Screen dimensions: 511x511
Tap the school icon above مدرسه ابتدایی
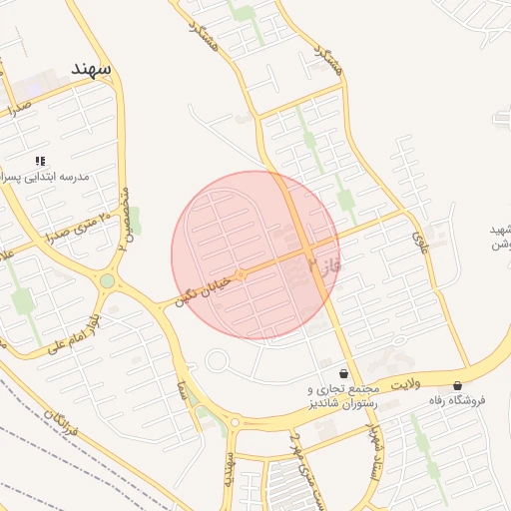[x=40, y=161]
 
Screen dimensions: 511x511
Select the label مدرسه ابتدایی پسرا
[x=46, y=177]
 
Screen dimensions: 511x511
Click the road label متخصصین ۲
[x=126, y=215]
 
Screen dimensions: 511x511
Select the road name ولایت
[x=407, y=382]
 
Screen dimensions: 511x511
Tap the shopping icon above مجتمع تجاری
[x=344, y=371]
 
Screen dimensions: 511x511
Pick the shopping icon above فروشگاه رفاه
[x=458, y=385]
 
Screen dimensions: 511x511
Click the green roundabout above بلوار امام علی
[x=107, y=281]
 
